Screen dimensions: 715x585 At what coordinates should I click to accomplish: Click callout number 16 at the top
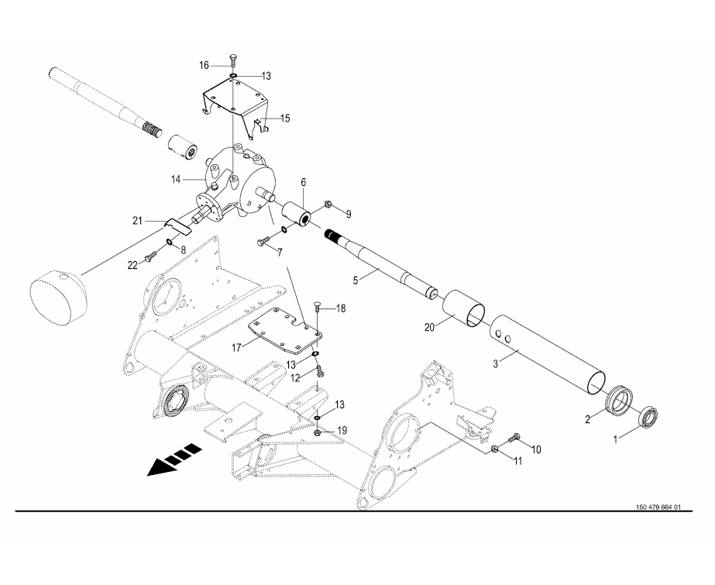(x=204, y=66)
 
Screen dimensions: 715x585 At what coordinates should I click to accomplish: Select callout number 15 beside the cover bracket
(x=285, y=119)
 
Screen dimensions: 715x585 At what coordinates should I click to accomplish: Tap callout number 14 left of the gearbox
(x=177, y=180)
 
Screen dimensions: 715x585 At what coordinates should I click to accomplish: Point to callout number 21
(x=138, y=221)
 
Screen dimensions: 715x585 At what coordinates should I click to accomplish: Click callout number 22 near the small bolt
(x=132, y=265)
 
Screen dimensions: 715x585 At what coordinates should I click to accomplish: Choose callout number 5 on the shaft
(x=356, y=280)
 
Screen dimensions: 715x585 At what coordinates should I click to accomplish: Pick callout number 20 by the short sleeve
(x=430, y=328)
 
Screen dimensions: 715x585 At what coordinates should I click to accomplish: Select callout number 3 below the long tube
(x=496, y=363)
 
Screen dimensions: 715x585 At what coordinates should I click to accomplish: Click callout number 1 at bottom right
(x=616, y=439)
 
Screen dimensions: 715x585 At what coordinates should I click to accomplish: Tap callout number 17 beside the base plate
(x=236, y=349)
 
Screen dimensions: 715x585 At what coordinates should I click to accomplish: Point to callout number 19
(x=342, y=430)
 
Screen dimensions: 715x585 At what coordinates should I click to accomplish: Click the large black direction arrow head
(x=159, y=467)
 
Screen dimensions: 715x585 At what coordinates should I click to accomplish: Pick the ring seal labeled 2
(x=620, y=401)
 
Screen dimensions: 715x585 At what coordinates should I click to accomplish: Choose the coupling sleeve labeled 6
(x=297, y=215)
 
